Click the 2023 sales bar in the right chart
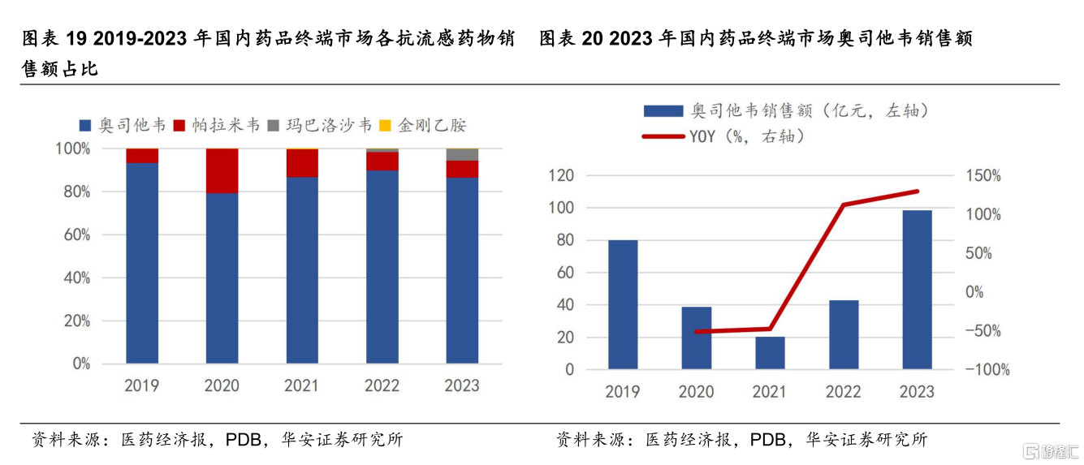click(x=917, y=290)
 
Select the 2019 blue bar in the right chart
click(x=623, y=304)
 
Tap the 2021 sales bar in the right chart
click(x=770, y=353)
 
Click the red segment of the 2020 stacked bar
click(x=222, y=170)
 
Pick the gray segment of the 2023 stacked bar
click(x=462, y=155)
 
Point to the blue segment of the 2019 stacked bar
click(x=142, y=263)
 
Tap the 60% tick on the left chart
click(x=72, y=235)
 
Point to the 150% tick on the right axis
click(x=983, y=176)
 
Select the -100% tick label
click(x=987, y=370)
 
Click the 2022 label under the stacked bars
click(x=382, y=385)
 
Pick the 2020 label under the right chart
click(x=696, y=392)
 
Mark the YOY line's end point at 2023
click(x=918, y=192)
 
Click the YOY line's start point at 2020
click(x=697, y=331)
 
